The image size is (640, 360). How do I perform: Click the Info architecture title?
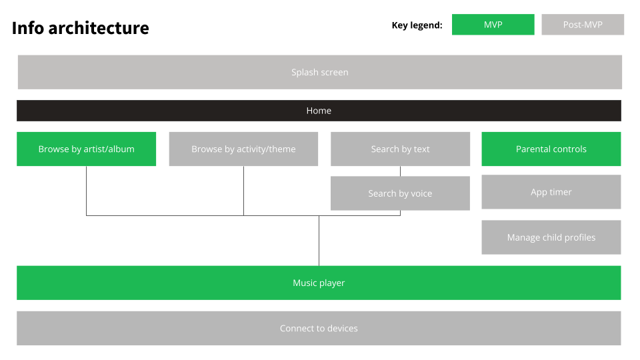81,28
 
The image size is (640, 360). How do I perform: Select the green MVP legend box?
493,25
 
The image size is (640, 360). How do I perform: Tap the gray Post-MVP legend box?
583,25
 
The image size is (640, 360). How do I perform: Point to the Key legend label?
417,25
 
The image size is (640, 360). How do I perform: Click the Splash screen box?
319,72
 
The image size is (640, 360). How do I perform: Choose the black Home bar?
319,111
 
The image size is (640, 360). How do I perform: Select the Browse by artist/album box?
86,149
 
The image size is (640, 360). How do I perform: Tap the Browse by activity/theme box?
243,149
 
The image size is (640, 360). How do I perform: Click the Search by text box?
400,149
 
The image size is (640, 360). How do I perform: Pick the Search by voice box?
400,193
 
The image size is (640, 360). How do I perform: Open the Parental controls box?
551,149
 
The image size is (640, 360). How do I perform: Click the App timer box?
551,192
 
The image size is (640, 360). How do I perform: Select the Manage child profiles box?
551,237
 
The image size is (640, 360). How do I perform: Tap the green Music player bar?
319,283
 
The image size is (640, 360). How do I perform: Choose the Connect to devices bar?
319,329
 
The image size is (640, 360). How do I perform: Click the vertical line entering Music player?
319,241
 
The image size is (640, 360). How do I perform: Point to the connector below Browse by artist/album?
86,191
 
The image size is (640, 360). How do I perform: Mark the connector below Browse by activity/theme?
244,191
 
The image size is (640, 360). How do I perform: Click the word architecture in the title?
99,28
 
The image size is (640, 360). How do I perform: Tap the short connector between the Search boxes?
400,171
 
